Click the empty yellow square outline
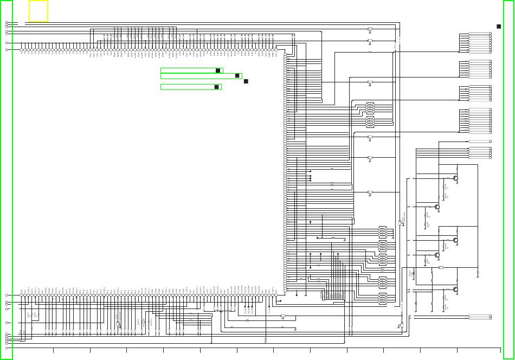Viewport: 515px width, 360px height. pyautogui.click(x=38, y=11)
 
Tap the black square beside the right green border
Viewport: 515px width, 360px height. pyautogui.click(x=499, y=26)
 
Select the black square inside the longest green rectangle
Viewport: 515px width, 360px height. pyautogui.click(x=237, y=76)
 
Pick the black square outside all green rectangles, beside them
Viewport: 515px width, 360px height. pyautogui.click(x=246, y=81)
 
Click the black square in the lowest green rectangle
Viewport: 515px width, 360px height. pyautogui.click(x=216, y=87)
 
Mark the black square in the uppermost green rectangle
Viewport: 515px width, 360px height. pyautogui.click(x=218, y=70)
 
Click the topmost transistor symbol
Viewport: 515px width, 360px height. pyautogui.click(x=456, y=178)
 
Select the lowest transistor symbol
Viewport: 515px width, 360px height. pyautogui.click(x=456, y=290)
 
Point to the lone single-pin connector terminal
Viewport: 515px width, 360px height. pyautogui.click(x=480, y=141)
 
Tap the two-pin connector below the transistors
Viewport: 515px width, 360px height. pyautogui.click(x=480, y=317)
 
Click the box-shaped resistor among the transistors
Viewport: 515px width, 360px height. pyautogui.click(x=441, y=268)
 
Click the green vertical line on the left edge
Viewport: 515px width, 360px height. pyautogui.click(x=12, y=179)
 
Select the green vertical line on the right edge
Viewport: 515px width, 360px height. pyautogui.click(x=503, y=179)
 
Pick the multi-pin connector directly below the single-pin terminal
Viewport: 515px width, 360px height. pyautogui.click(x=480, y=152)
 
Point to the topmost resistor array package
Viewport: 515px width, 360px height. pyautogui.click(x=370, y=107)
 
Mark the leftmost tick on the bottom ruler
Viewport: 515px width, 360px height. pyautogui.click(x=53, y=350)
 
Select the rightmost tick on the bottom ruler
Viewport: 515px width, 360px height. pyautogui.click(x=457, y=350)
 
